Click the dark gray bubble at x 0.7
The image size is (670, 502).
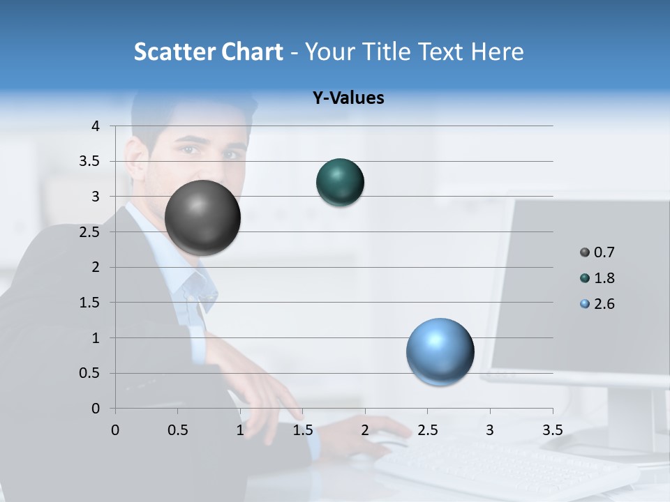tap(203, 217)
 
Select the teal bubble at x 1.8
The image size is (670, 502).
tap(340, 183)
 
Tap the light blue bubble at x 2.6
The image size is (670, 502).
tap(440, 351)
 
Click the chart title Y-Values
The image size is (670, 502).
tap(348, 98)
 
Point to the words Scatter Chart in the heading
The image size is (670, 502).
tap(208, 52)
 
